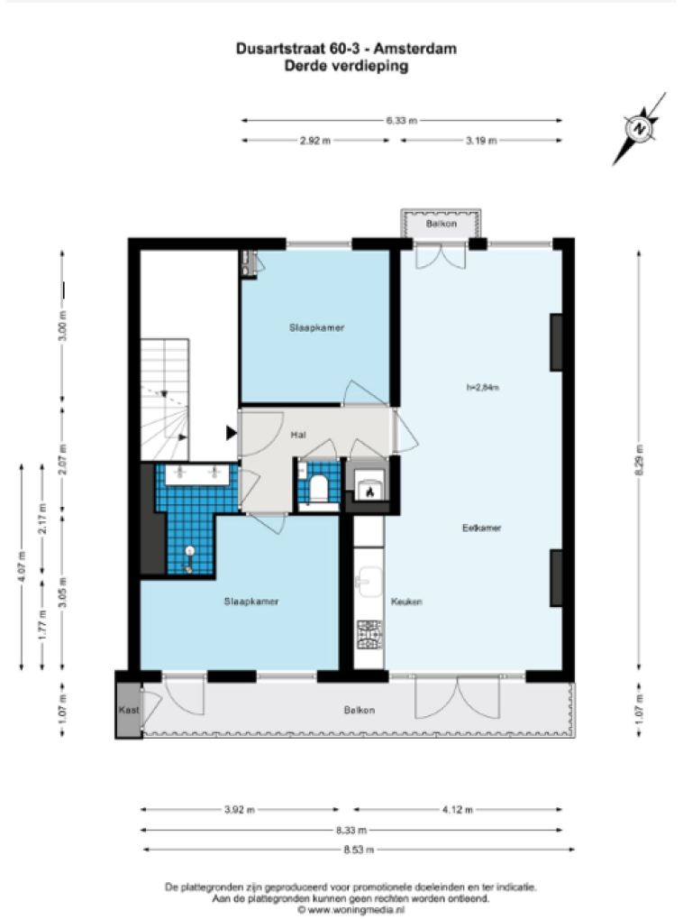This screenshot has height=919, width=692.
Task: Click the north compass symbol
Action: point(640,129)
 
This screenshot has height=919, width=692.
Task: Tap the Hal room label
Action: point(298,435)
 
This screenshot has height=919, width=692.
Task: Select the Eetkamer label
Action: point(482,528)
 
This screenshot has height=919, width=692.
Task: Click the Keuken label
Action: point(406,602)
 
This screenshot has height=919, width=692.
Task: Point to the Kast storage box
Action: point(129,710)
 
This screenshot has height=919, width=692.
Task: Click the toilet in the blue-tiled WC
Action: point(318,488)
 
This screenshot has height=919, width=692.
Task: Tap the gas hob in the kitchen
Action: point(369,634)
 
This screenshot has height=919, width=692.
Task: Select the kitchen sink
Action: point(369,582)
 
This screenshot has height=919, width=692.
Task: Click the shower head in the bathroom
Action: point(189,551)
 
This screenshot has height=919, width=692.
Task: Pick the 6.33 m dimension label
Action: point(402,121)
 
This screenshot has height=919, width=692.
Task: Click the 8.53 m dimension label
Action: point(359,850)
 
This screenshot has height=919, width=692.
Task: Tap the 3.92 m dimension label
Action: point(240,810)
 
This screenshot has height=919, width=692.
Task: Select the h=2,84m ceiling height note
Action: point(482,387)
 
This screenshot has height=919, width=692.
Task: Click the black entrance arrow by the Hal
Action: point(232,433)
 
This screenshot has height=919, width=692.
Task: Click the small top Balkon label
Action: point(442,224)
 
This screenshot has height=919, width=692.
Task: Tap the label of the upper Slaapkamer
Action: point(317,327)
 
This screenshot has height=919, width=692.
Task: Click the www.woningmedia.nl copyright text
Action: point(351,910)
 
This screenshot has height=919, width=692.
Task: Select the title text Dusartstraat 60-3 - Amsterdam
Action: point(346,49)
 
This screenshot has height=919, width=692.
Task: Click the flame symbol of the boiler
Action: point(369,492)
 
